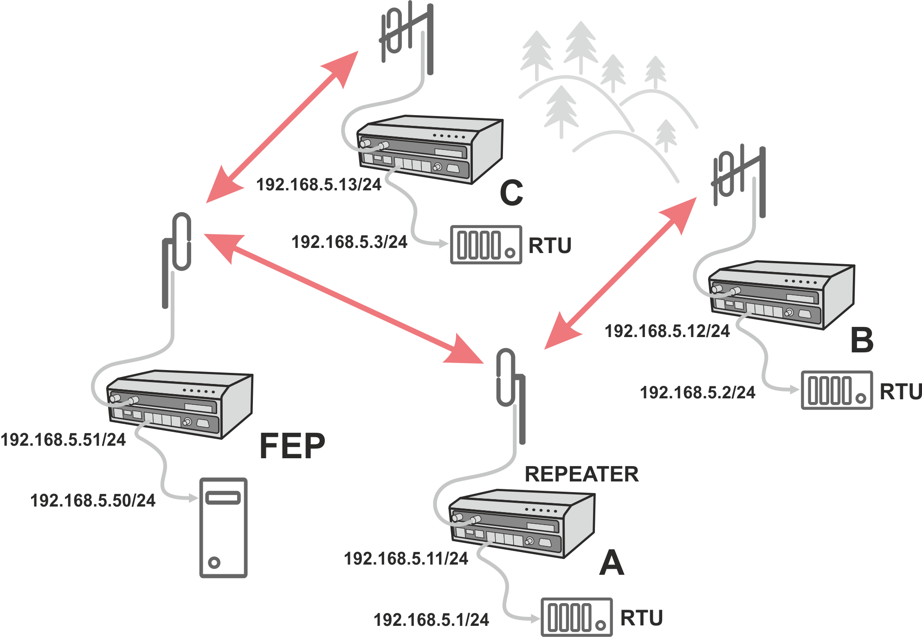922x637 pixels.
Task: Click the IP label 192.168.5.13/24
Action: (318, 185)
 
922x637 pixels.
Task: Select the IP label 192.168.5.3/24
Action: (349, 242)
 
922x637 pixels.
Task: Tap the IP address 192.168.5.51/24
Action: (63, 440)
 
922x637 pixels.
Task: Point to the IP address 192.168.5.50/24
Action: (93, 500)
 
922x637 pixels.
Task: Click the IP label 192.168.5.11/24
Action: (406, 559)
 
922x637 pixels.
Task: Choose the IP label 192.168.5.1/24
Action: (431, 620)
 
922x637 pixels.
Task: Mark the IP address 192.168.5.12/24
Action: (667, 331)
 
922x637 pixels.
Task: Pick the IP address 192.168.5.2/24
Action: (697, 393)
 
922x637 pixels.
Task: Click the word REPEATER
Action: (581, 474)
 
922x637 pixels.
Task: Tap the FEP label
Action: (292, 446)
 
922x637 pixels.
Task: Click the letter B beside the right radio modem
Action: (862, 340)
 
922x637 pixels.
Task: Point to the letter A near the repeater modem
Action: (612, 563)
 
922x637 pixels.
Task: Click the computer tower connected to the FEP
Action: (223, 528)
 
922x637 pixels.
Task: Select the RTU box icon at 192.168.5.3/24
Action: (486, 245)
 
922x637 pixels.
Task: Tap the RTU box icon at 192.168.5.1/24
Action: (576, 617)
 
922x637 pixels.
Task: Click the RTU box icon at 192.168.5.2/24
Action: (837, 390)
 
